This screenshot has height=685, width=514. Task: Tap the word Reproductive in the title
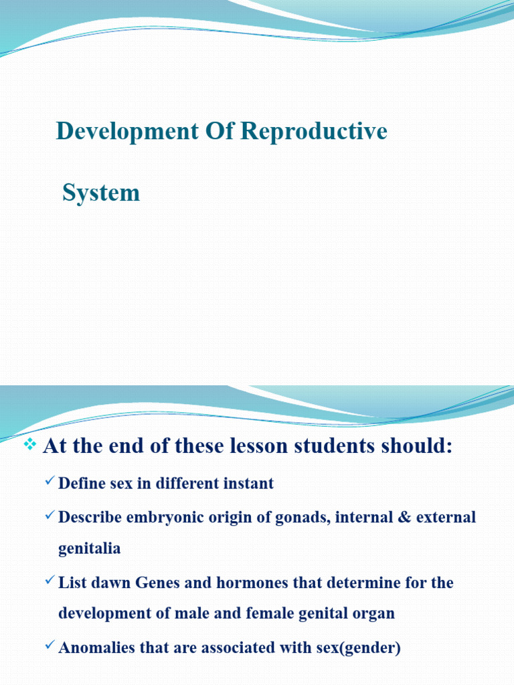pos(313,132)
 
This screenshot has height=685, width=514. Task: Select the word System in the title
pos(101,193)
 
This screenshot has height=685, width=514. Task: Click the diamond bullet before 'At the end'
pos(29,444)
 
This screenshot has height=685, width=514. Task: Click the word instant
pos(248,484)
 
